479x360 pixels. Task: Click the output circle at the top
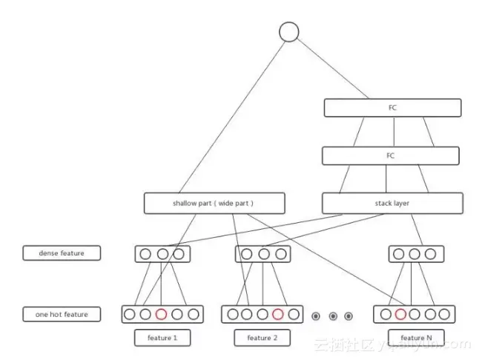[288, 32]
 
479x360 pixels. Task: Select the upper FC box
[392, 108]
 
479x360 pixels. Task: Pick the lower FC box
[391, 156]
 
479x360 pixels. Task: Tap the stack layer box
[392, 203]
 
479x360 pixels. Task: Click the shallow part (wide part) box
[203, 203]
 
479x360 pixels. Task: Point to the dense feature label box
[62, 253]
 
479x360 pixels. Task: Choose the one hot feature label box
[62, 314]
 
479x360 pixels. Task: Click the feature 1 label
[162, 338]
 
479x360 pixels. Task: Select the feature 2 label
[261, 338]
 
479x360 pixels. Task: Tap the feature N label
[417, 338]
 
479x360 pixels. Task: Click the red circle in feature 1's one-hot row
[162, 314]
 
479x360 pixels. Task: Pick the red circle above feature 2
[277, 314]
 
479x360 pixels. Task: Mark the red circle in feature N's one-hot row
[400, 314]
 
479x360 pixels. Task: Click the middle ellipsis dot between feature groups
[333, 316]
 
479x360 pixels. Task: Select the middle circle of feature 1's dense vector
[162, 254]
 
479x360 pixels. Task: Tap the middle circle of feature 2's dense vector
[263, 254]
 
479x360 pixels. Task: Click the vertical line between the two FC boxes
[393, 132]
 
